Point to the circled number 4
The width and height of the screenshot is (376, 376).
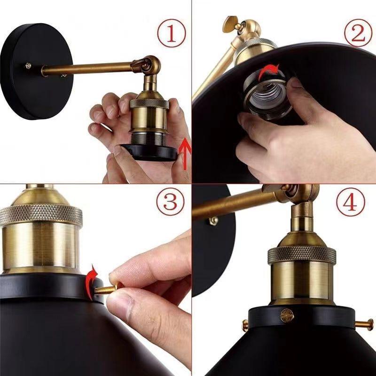pyautogui.click(x=351, y=202)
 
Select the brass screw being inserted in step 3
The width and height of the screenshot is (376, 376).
pyautogui.click(x=106, y=289)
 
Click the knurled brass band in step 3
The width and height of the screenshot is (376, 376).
pyautogui.click(x=40, y=215)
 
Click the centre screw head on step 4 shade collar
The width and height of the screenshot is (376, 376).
pyautogui.click(x=287, y=316)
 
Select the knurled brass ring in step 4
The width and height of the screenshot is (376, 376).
pyautogui.click(x=301, y=254)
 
